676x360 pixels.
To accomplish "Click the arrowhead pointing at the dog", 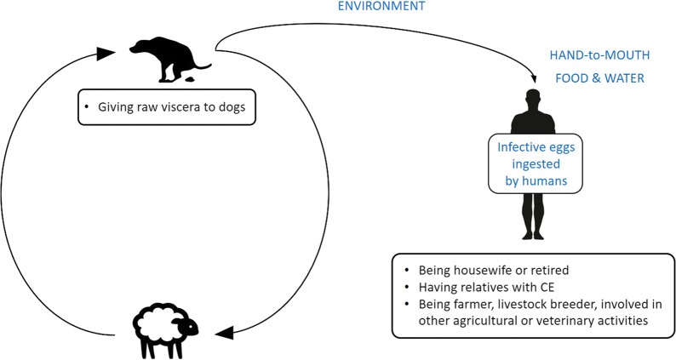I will (x=106, y=53).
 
